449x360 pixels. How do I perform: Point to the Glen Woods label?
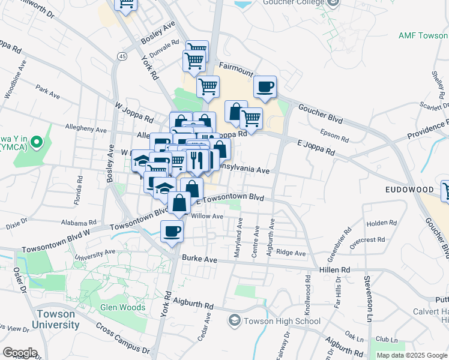pyautogui.click(x=123, y=307)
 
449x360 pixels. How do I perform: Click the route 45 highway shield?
pyautogui.click(x=122, y=56)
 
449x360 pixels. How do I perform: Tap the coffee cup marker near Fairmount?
pyautogui.click(x=265, y=88)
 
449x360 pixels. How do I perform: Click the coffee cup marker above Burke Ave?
pyautogui.click(x=172, y=230)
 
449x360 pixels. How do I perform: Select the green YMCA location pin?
pyautogui.click(x=36, y=143)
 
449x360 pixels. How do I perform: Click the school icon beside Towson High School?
pyautogui.click(x=235, y=321)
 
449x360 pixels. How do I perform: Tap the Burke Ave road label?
pyautogui.click(x=199, y=259)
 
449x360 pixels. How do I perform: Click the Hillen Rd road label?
pyautogui.click(x=337, y=271)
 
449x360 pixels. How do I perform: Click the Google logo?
pyautogui.click(x=20, y=353)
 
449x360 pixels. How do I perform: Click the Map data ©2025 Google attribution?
pyautogui.click(x=412, y=355)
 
